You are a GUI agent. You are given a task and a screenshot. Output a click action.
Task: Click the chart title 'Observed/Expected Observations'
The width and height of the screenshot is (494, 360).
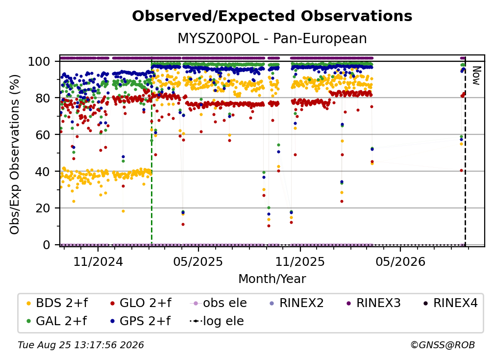(x=272, y=16)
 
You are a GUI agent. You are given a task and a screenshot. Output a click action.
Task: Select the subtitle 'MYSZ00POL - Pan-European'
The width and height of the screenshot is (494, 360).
(x=272, y=39)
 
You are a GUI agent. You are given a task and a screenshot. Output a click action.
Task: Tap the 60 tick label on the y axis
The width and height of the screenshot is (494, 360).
(x=43, y=135)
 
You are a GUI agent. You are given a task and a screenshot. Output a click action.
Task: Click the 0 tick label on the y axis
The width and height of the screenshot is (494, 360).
(x=47, y=245)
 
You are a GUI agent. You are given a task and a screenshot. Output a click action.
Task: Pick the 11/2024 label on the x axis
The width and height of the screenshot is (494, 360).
(x=98, y=261)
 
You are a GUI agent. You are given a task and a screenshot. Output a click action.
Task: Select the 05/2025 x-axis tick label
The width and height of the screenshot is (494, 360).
(x=198, y=261)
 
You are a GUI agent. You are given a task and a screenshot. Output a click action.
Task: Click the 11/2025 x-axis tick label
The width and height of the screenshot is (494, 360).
(x=300, y=261)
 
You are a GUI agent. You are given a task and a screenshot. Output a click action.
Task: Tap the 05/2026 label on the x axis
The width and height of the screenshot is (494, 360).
(x=400, y=261)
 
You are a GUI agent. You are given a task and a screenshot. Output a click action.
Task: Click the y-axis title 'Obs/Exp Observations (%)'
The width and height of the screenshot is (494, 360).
(x=15, y=154)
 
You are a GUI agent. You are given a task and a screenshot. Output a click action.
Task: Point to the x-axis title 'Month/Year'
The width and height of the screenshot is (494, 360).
(x=272, y=279)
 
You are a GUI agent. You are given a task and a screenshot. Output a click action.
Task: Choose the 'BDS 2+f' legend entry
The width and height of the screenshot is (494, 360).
(x=57, y=303)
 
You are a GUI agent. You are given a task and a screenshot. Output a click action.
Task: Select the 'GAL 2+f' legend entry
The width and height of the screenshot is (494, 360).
(x=56, y=321)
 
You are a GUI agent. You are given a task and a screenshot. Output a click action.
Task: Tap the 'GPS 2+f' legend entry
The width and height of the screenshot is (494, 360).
(x=140, y=321)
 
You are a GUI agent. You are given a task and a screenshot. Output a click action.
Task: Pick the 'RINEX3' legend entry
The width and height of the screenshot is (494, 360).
(x=373, y=303)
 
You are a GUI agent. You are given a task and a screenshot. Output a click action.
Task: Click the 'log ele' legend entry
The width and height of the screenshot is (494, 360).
(x=217, y=321)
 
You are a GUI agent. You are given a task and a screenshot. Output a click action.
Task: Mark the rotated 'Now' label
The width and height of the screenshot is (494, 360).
(x=476, y=76)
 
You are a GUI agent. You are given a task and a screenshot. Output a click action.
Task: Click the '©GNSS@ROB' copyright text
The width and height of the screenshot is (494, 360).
(x=443, y=345)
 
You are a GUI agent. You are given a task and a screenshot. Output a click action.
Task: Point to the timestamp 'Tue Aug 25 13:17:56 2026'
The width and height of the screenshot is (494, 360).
(x=81, y=345)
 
